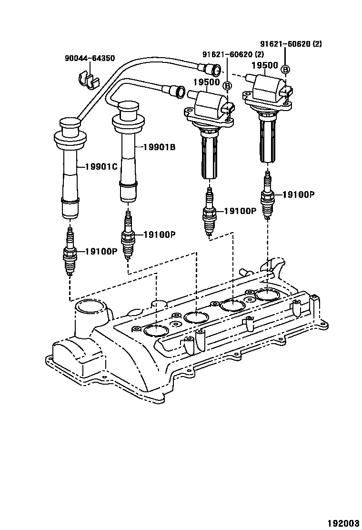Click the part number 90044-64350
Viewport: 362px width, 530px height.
90,59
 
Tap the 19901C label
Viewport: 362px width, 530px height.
101,166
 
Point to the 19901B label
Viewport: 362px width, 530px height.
159,147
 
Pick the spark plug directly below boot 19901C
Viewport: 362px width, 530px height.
70,252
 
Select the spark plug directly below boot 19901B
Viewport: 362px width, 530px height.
127,235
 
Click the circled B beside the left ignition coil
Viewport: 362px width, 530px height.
228,86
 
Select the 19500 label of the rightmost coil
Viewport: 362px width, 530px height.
264,65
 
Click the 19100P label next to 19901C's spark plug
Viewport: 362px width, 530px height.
101,251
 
